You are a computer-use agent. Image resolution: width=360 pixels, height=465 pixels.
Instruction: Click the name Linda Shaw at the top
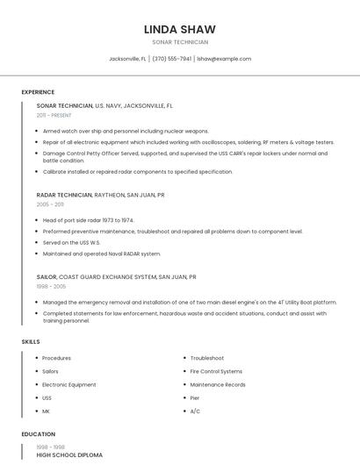coord(180,29)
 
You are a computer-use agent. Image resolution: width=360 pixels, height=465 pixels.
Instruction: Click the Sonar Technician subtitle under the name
coord(180,42)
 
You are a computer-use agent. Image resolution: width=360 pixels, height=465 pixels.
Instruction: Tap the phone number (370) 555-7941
coord(171,59)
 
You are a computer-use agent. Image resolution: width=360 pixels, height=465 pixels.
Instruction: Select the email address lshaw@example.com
coord(224,59)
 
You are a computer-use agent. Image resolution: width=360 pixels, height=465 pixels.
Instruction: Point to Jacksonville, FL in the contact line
coord(127,59)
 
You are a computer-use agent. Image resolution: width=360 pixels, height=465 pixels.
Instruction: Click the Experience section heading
coord(38,92)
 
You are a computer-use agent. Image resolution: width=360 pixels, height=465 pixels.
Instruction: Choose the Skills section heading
coord(31,341)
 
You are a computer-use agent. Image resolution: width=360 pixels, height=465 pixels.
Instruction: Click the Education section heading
coord(38,434)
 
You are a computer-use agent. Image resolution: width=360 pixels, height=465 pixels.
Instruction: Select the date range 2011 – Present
coord(54,115)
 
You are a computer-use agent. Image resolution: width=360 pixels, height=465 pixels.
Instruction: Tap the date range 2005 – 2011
coord(50,204)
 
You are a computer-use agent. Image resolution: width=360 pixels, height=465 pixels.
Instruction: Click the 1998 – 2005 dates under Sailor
coord(51,286)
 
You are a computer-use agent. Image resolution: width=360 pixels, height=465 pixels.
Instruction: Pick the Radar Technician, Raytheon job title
coord(100,195)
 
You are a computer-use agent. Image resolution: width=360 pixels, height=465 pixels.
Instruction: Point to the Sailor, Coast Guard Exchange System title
coord(116,276)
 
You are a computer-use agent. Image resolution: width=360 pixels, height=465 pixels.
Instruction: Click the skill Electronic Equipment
coord(69,384)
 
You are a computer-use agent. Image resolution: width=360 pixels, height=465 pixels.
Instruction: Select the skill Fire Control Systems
coord(216,371)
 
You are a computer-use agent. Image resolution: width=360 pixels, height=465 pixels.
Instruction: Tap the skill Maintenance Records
coord(218,384)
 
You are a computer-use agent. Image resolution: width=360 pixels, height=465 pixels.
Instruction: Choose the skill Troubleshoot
coord(207,358)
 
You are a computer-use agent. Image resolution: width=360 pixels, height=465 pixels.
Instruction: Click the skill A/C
coord(195,411)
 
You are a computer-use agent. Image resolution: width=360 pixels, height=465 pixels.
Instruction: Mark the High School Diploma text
coord(69,455)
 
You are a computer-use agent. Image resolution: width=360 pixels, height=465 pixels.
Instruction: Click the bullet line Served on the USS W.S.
coord(72,242)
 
